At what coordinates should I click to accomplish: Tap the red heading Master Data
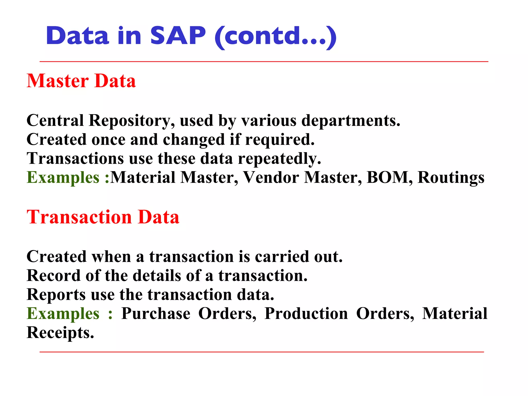click(81, 81)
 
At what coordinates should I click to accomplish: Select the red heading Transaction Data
click(103, 217)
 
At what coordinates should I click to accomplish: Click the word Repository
click(129, 121)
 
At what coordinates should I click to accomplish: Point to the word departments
click(351, 121)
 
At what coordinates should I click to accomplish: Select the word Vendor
click(271, 177)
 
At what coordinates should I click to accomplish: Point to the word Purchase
click(156, 313)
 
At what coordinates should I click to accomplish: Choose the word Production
click(306, 313)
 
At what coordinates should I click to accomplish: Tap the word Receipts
click(60, 333)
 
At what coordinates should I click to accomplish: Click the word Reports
click(56, 295)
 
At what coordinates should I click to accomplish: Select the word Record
click(54, 276)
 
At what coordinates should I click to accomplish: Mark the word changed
click(194, 140)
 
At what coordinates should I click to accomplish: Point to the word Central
click(55, 121)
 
